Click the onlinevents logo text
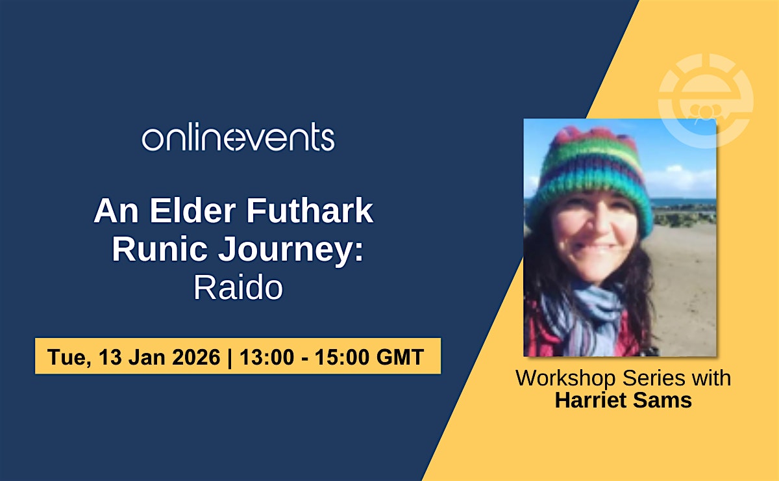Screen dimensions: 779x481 [238, 136]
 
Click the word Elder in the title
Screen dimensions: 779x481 [193, 211]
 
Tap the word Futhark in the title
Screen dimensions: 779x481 [310, 211]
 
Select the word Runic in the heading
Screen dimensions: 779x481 [160, 249]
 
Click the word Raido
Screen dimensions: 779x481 [238, 287]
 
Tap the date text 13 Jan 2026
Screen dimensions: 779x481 [159, 357]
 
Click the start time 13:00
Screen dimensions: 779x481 [267, 357]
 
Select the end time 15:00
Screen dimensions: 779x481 [342, 357]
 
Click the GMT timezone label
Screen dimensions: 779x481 [400, 357]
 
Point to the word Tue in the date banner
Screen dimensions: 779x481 [69, 357]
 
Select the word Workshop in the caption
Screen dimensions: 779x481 [565, 378]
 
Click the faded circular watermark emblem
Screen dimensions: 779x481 [706, 101]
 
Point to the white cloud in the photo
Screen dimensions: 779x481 [682, 178]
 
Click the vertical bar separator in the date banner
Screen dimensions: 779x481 [230, 357]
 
